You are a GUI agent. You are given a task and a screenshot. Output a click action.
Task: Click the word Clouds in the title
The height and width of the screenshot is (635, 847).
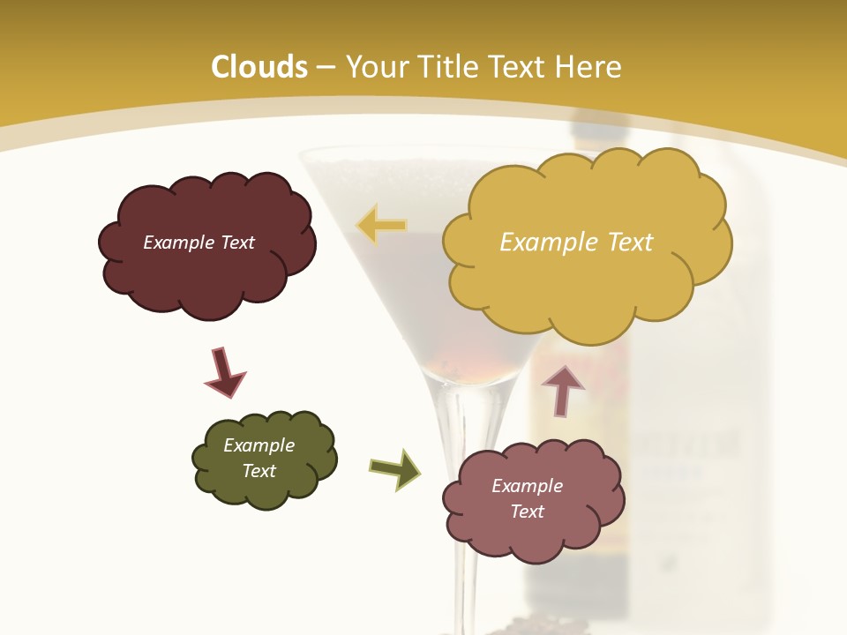259,67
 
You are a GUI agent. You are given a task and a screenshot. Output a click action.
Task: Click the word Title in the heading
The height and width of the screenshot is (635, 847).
446,67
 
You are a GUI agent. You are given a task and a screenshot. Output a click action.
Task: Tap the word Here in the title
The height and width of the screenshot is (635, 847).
588,67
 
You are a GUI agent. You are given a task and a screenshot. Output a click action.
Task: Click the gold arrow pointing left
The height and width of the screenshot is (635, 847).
381,226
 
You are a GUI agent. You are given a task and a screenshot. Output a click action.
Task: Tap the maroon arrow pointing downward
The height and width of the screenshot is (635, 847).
224,372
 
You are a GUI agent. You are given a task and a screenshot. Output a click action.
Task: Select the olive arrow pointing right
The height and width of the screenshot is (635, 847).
395,468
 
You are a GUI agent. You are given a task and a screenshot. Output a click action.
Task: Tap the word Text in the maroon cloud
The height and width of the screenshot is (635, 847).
237,243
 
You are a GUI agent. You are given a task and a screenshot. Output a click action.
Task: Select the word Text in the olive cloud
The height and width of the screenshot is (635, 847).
259,471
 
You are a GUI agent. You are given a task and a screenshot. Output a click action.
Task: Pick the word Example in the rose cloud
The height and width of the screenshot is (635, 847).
527,486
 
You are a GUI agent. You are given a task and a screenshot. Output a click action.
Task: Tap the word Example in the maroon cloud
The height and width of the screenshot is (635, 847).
179,243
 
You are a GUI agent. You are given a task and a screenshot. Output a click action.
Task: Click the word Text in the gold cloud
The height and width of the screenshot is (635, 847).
629,243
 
